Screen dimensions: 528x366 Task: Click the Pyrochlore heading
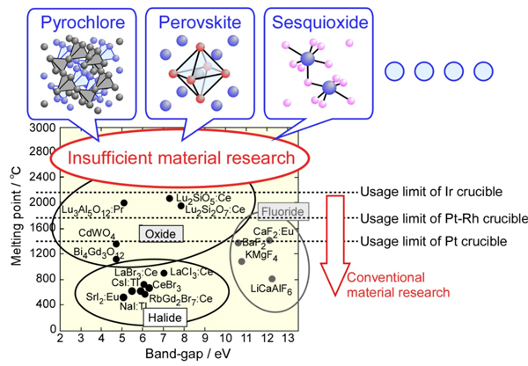coord(83,23)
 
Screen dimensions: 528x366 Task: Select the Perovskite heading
coord(200,23)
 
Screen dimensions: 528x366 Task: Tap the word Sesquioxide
coord(320,23)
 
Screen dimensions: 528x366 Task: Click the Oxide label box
coord(161,234)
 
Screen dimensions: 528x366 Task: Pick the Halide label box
coord(165,318)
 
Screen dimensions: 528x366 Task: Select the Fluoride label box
coord(282,211)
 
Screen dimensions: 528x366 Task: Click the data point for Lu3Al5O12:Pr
coord(124,202)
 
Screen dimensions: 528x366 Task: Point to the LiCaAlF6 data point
coord(272,279)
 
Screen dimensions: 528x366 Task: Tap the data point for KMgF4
coord(241,261)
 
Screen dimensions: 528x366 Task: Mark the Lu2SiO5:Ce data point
coord(170,198)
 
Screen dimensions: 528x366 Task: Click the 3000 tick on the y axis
coord(42,128)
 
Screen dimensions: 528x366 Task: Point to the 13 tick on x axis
coord(289,338)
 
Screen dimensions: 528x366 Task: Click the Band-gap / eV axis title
coord(188,354)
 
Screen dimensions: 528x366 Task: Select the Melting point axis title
coord(16,216)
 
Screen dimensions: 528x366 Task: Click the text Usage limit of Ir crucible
coord(431,192)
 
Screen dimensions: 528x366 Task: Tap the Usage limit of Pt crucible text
coord(434,241)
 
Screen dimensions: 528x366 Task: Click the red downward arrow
coord(335,245)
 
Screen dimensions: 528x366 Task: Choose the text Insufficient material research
coord(181,157)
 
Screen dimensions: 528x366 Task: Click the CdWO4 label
coord(97,233)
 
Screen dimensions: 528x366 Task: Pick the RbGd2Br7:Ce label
coord(180,299)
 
